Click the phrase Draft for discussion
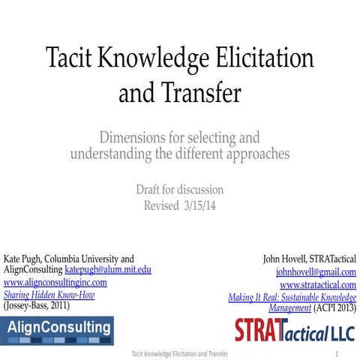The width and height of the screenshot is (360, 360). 180,190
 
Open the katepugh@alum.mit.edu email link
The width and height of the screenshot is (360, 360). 108,269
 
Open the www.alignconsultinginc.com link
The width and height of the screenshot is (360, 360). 55,283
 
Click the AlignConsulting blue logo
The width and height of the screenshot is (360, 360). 58,328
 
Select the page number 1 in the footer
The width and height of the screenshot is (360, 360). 337,352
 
